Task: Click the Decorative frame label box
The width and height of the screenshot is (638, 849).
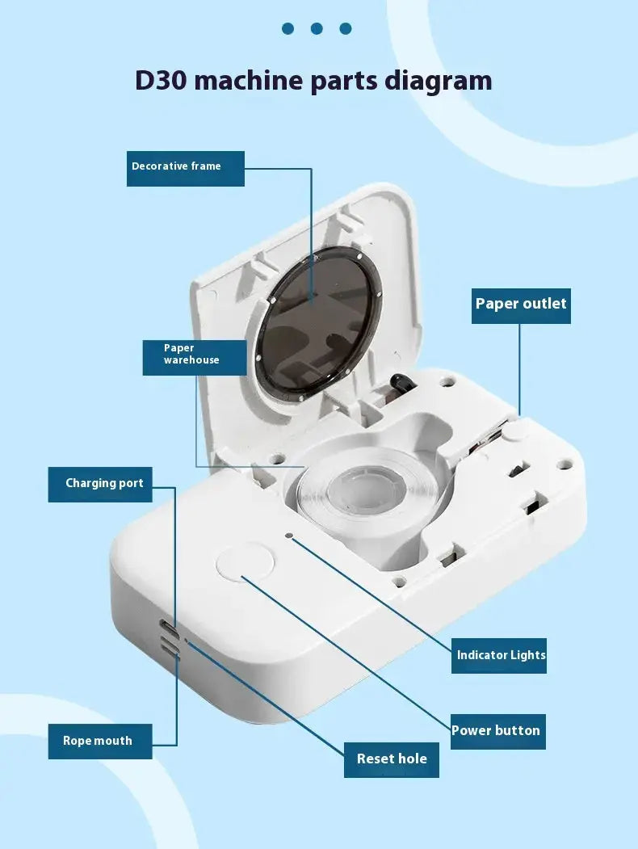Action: click(x=186, y=168)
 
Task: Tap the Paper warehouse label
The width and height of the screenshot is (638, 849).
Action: click(x=195, y=357)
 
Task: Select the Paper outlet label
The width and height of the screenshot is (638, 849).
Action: click(x=521, y=306)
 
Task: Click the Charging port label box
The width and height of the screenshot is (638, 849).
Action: click(x=100, y=484)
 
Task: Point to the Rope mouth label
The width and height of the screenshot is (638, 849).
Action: click(x=100, y=742)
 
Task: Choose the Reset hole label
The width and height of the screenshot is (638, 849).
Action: click(x=391, y=759)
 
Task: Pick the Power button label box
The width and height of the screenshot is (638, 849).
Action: click(x=497, y=732)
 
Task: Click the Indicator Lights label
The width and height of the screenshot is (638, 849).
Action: click(x=499, y=656)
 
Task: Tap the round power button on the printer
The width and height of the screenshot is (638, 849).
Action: click(x=245, y=562)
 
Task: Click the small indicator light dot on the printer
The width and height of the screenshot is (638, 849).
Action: click(x=289, y=536)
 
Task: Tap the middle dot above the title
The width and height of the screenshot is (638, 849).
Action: click(x=317, y=29)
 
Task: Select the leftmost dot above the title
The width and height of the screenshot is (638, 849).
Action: click(x=288, y=29)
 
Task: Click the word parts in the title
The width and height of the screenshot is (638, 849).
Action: click(x=344, y=82)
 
